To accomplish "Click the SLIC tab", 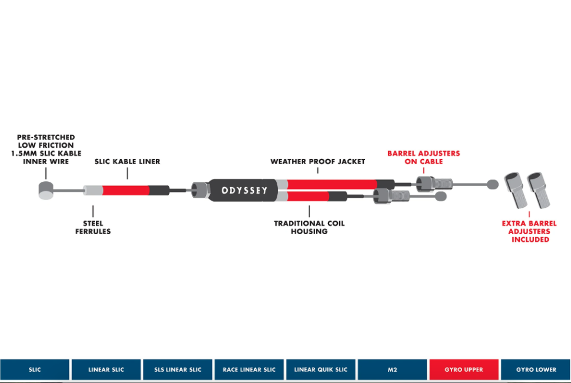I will pyautogui.click(x=35, y=369).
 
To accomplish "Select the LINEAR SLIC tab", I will pyautogui.click(x=106, y=369).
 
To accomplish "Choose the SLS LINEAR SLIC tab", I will pyautogui.click(x=178, y=369).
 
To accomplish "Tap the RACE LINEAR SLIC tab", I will pyautogui.click(x=249, y=369).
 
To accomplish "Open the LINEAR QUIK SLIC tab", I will pyautogui.click(x=321, y=369).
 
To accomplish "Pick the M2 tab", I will pyautogui.click(x=392, y=369).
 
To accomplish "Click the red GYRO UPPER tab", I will pyautogui.click(x=464, y=369).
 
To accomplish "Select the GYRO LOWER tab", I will pyautogui.click(x=536, y=369).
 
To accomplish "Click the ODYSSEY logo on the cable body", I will pyautogui.click(x=244, y=191).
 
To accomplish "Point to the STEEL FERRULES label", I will pyautogui.click(x=92, y=227).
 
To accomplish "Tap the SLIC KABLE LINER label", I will pyautogui.click(x=127, y=161).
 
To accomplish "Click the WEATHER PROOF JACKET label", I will pyautogui.click(x=318, y=161).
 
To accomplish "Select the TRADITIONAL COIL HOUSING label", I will pyautogui.click(x=309, y=227).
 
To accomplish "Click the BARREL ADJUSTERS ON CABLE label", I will pyautogui.click(x=423, y=158).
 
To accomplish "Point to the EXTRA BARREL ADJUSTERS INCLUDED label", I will pyautogui.click(x=529, y=231).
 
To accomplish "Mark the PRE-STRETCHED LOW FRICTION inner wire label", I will pyautogui.click(x=47, y=149).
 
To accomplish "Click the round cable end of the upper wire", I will pyautogui.click(x=493, y=185).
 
